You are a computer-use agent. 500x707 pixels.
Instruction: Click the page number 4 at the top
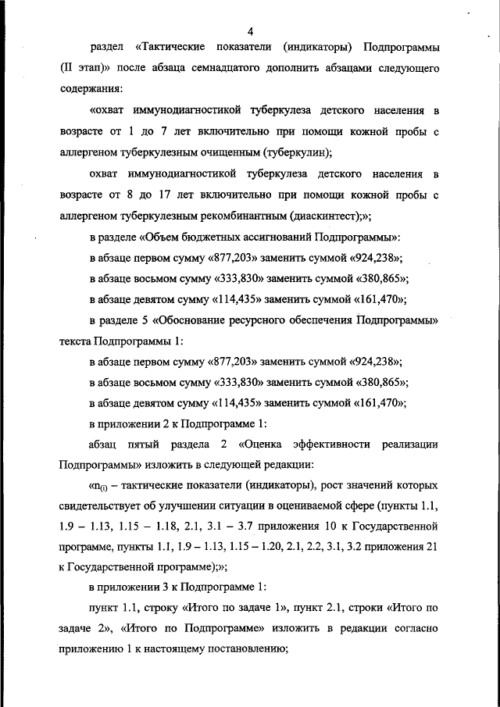coord(250,31)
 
